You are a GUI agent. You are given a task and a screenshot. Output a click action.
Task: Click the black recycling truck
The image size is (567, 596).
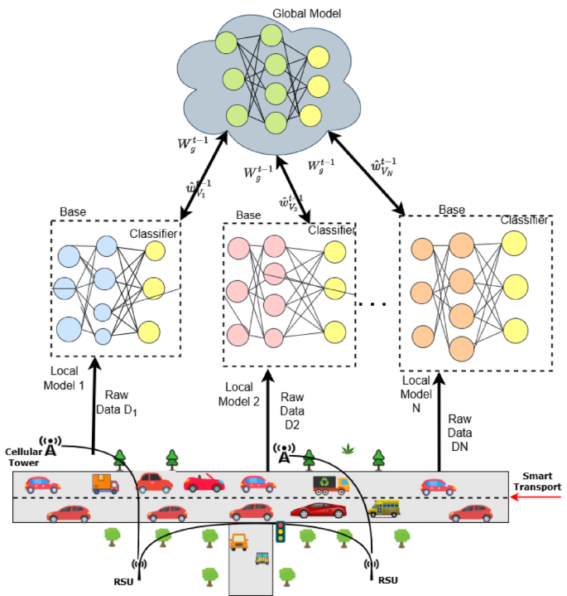pyautogui.click(x=329, y=484)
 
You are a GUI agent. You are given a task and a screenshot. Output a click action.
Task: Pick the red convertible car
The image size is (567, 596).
pyautogui.click(x=204, y=482)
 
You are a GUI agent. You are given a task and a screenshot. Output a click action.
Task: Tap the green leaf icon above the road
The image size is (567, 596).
pyautogui.click(x=348, y=450)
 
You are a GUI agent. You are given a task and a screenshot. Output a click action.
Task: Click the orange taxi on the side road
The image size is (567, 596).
pyautogui.click(x=239, y=542)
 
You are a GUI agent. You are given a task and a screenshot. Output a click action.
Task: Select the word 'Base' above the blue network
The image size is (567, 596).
pyautogui.click(x=72, y=212)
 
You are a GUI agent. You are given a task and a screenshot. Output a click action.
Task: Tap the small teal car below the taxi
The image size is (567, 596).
pyautogui.click(x=262, y=559)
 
